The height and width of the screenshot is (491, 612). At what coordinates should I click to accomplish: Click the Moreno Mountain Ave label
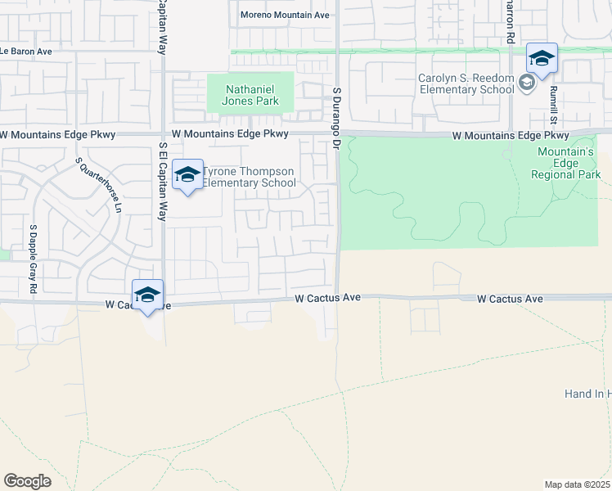pos(285,15)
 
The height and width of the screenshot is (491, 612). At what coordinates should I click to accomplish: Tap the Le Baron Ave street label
pos(25,51)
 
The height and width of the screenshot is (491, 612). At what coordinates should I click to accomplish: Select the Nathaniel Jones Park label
pos(254,95)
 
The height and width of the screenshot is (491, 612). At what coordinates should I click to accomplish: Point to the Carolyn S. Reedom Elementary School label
pos(466,83)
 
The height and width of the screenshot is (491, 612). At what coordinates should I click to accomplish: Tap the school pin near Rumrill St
pos(542,59)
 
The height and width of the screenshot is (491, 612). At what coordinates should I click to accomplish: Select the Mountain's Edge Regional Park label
pos(569,163)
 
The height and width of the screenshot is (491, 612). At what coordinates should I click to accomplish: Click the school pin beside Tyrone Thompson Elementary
pos(188,175)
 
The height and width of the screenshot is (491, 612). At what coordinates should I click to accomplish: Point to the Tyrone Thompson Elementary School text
pos(249,177)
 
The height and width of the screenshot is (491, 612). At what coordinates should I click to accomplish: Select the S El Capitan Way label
pos(163,182)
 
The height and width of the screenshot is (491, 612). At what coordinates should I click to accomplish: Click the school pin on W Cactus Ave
pos(147,295)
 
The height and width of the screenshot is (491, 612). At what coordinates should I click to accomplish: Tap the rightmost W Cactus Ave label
pos(511,300)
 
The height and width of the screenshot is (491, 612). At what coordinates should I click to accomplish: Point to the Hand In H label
pos(587,394)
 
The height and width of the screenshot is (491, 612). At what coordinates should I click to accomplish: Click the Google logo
pos(27,480)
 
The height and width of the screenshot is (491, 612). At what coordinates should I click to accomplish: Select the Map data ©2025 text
pos(578,484)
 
